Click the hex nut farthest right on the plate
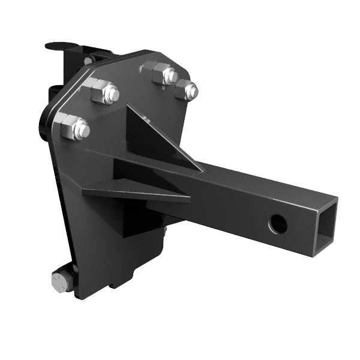pos(187,91)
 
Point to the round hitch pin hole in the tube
pos(277,224)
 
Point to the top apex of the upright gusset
pos(128,107)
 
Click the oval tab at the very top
pos(62,46)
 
